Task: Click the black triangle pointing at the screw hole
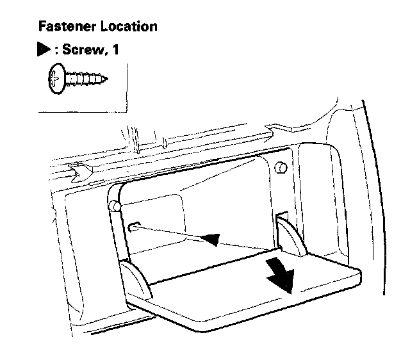click(212, 239)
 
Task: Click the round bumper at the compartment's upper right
click(279, 167)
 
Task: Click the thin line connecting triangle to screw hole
click(173, 232)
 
